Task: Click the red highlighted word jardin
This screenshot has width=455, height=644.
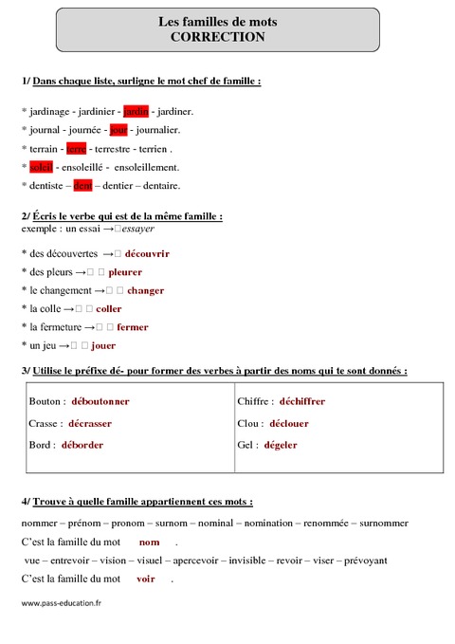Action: (x=136, y=111)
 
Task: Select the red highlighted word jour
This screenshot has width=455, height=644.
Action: (x=118, y=129)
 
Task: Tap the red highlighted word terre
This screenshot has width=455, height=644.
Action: (x=77, y=148)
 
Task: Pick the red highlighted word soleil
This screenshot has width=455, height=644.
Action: (x=40, y=166)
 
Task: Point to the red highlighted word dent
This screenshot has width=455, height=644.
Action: (x=82, y=185)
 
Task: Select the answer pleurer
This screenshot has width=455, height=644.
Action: (x=125, y=271)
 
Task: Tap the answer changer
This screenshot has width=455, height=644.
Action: (x=145, y=290)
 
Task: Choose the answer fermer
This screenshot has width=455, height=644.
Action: (x=133, y=326)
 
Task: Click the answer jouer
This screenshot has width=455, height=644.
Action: (x=103, y=345)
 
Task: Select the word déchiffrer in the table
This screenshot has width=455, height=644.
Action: (x=301, y=401)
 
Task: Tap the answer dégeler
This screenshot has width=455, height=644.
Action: (x=281, y=444)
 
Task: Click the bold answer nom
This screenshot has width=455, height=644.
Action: (x=149, y=542)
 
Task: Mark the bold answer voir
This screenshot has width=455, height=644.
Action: (x=145, y=578)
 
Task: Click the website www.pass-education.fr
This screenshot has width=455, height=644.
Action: (x=61, y=602)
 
